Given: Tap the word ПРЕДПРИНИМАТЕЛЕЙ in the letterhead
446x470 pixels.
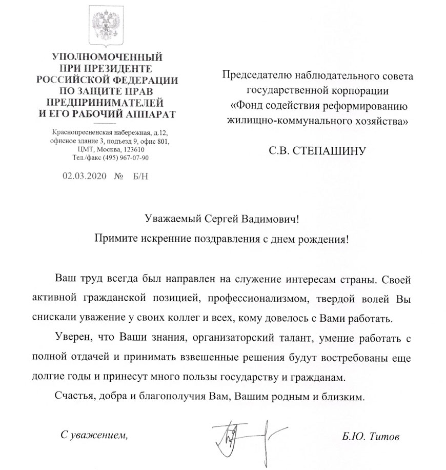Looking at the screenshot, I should (107, 104).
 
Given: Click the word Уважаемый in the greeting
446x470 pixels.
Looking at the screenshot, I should (172, 220).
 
